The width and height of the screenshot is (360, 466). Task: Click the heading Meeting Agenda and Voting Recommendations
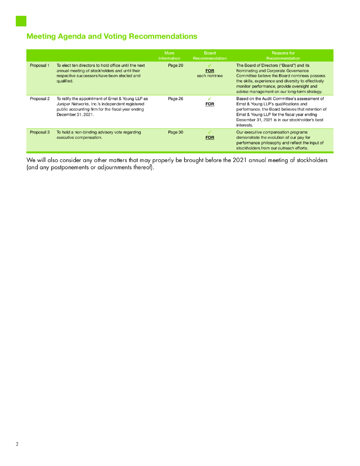click(x=112, y=36)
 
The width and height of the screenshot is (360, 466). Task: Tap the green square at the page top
click(x=21, y=21)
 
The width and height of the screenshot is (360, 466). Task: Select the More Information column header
click(x=169, y=56)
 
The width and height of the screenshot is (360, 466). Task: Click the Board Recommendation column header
click(x=210, y=56)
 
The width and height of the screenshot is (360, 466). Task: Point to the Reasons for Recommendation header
click(x=283, y=56)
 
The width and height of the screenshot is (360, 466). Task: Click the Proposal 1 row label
click(x=40, y=66)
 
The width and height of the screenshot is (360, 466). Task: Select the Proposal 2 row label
click(x=40, y=98)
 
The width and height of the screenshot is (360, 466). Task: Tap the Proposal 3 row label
click(x=40, y=132)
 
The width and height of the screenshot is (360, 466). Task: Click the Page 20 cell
click(x=176, y=66)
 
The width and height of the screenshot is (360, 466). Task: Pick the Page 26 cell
click(x=176, y=98)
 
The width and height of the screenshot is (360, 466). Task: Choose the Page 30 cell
click(x=176, y=132)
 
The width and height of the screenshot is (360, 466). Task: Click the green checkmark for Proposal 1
click(x=210, y=65)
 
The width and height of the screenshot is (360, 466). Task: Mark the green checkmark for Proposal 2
click(x=210, y=98)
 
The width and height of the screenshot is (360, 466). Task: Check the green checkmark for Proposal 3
click(x=210, y=132)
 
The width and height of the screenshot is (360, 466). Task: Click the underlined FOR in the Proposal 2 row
click(x=210, y=104)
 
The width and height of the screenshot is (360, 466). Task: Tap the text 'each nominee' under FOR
click(x=210, y=76)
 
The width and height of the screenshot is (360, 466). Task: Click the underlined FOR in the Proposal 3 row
click(x=210, y=137)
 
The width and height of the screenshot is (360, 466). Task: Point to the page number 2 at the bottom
click(x=17, y=444)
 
